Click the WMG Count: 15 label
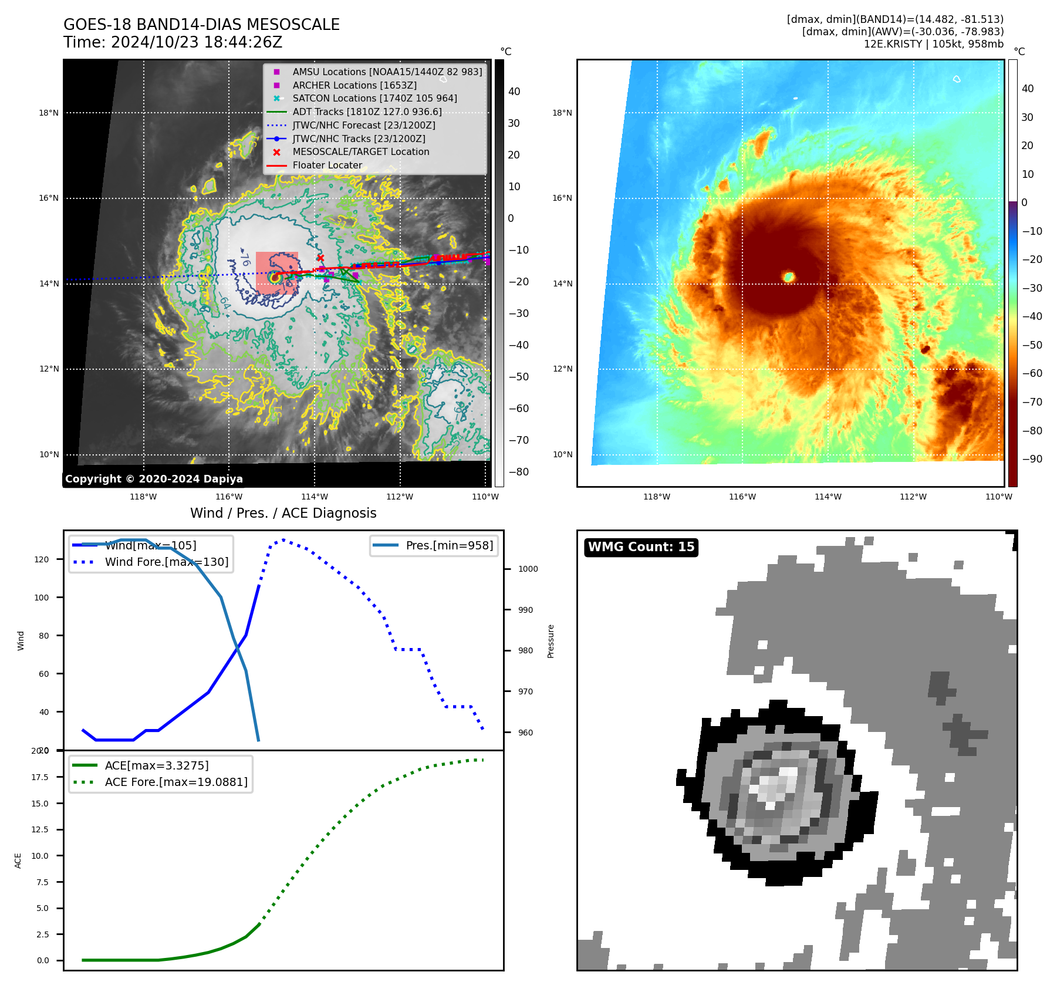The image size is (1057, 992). (641, 547)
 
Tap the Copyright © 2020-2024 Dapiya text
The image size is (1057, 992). (154, 479)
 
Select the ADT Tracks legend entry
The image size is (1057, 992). (367, 112)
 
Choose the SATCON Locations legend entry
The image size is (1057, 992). (374, 98)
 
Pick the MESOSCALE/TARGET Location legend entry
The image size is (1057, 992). (360, 151)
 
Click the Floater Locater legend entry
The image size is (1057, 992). (327, 165)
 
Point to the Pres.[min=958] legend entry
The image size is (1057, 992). (449, 545)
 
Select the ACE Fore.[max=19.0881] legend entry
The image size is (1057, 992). (176, 782)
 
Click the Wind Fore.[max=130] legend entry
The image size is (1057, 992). (166, 562)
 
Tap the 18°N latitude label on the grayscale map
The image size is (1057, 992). (49, 113)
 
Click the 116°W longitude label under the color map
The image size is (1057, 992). (742, 497)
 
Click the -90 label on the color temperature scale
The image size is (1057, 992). (1032, 459)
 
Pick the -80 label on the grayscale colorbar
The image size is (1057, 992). (518, 472)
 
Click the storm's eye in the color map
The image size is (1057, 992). (789, 276)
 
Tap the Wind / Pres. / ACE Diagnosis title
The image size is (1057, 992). (283, 513)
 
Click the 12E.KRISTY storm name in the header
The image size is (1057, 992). (892, 44)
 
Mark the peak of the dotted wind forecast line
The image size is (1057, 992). (283, 539)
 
